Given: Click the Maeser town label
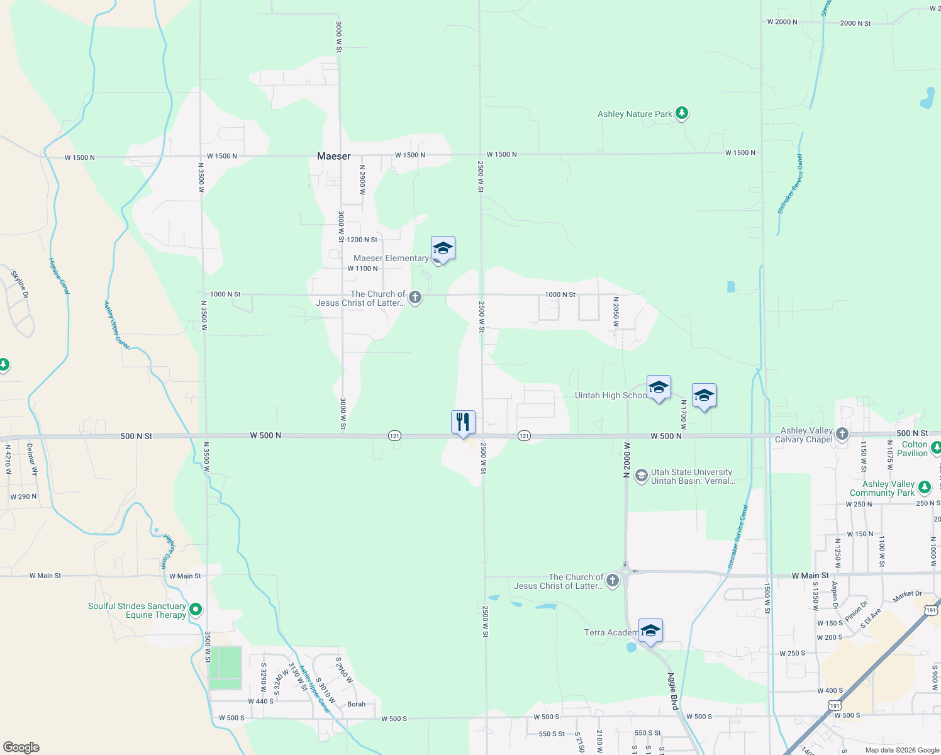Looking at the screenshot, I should (x=333, y=156).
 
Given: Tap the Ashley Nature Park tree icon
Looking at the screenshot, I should (x=682, y=113).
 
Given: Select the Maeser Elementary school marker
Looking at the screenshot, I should (x=443, y=249).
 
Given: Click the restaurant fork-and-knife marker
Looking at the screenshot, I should (x=463, y=422).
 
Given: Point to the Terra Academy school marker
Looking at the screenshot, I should (x=650, y=630).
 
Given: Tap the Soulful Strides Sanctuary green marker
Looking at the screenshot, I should (x=196, y=609).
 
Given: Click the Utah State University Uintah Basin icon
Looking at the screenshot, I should (x=641, y=476).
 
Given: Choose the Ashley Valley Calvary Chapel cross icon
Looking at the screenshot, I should (x=842, y=433).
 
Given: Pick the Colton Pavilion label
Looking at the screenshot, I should (x=915, y=449).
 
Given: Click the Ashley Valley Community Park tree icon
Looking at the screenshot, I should (x=924, y=487).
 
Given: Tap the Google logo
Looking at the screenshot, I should (x=21, y=747).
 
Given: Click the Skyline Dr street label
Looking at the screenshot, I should (x=20, y=284).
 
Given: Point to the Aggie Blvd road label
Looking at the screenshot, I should (x=673, y=691).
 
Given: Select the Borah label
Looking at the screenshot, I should (x=356, y=704).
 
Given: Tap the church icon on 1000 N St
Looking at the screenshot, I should (x=415, y=297).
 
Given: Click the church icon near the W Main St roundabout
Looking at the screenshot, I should (x=612, y=580).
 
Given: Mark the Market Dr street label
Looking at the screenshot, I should (x=907, y=595).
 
